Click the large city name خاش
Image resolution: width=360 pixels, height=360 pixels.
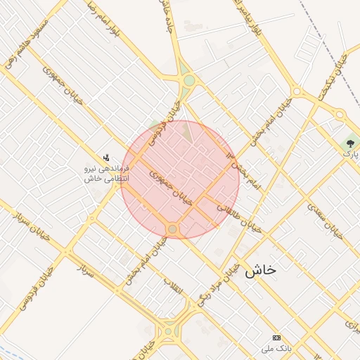click(260, 270)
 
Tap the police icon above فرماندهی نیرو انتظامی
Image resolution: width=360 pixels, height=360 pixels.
click(106, 157)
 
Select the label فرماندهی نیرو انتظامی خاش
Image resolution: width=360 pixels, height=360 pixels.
click(105, 174)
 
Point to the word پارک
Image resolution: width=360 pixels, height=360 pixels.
click(351, 152)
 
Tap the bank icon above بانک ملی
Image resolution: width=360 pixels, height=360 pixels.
click(276, 338)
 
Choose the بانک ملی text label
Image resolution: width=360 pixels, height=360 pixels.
click(276, 349)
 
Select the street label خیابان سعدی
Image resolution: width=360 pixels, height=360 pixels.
click(325, 220)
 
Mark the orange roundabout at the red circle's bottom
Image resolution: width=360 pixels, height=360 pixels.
click(172, 229)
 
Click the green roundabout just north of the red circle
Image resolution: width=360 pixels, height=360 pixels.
click(188, 80)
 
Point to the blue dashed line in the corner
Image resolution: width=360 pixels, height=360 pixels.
click(14, 350)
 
